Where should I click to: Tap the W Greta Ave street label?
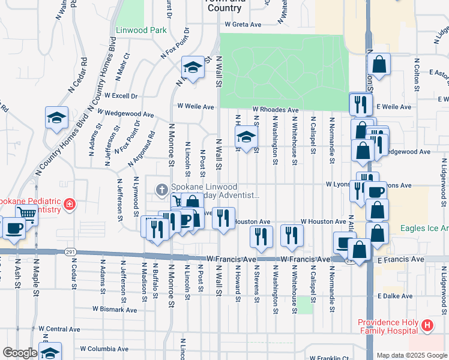coord(244,25)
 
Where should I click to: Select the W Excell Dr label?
coord(121,95)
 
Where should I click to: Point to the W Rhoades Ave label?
coord(276,110)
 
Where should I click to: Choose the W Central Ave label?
coord(59,329)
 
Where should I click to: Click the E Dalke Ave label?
coord(395,296)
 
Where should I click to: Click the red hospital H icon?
coord(427,326)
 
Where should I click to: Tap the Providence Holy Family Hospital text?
coord(388,326)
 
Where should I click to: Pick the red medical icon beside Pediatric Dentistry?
coord(70,205)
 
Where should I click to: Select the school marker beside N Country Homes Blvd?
coord(56,117)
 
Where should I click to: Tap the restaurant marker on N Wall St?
coord(223,218)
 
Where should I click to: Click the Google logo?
coord(20,353)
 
